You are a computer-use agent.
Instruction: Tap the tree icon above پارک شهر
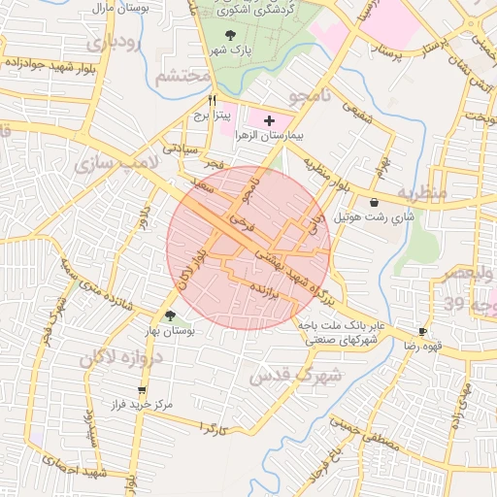pos(229,35)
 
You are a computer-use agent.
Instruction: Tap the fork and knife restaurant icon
pos(212,100)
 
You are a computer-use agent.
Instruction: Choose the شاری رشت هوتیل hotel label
pos(375,217)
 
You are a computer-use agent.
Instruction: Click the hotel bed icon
pos(374,202)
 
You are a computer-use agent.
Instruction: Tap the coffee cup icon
pos(423,331)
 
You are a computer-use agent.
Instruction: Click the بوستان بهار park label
pos(171,331)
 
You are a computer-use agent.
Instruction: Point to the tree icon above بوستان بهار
pos(171,315)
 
